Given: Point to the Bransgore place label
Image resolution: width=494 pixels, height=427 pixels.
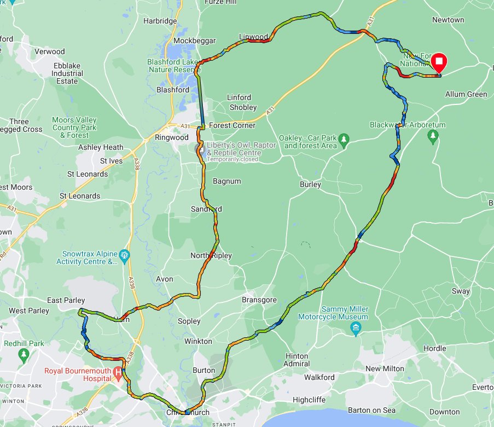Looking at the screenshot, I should click(x=259, y=300).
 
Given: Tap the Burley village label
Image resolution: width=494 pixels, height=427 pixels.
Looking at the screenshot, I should click(x=310, y=184).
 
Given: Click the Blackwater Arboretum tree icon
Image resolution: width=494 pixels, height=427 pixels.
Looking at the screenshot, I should click(x=433, y=135).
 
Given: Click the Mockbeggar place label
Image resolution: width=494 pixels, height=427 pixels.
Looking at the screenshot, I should click(x=194, y=40).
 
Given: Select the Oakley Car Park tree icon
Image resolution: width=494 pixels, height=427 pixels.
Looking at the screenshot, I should click(x=344, y=138).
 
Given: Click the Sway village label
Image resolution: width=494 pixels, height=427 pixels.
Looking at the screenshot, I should click(x=461, y=291).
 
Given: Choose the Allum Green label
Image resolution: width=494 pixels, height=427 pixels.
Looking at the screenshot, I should click(x=466, y=94).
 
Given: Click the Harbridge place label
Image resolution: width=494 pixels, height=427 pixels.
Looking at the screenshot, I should click(x=160, y=21).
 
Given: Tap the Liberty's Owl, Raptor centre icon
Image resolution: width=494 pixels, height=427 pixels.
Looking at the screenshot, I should click(x=201, y=149).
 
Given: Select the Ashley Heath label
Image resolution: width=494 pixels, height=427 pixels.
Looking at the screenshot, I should click(x=101, y=147).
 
